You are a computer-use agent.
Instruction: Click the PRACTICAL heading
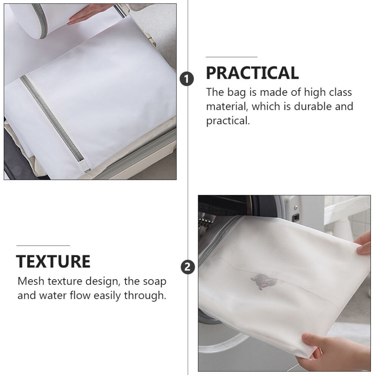click(252, 73)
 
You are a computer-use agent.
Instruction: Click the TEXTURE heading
click(53, 261)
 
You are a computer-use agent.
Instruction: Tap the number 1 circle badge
click(186, 79)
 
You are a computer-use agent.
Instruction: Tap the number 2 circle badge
click(187, 267)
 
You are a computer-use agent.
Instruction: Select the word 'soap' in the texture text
click(155, 281)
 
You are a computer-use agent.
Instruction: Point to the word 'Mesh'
click(31, 281)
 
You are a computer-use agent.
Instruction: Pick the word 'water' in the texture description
click(53, 295)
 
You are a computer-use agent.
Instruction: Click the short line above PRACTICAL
click(231, 57)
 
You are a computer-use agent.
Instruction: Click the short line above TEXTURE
click(43, 245)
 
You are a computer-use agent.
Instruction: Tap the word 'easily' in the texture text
click(107, 296)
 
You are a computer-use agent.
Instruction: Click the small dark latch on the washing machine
click(296, 217)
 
